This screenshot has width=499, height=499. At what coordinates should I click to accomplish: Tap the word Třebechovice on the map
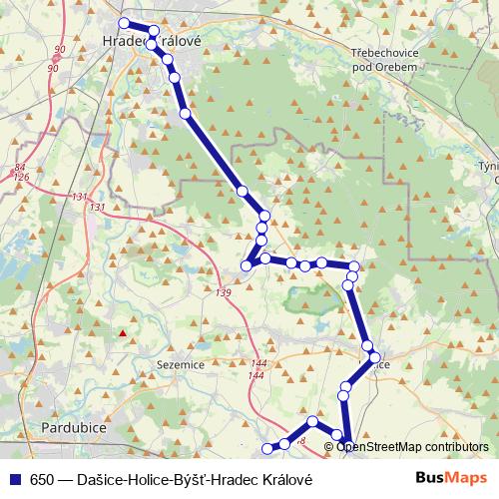(389, 51)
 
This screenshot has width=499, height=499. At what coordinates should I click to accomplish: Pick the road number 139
(222, 291)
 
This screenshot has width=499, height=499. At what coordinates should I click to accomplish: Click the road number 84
(20, 168)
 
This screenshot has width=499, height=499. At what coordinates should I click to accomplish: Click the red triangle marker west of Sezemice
(123, 332)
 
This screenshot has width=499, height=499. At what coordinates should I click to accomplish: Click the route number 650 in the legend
(42, 478)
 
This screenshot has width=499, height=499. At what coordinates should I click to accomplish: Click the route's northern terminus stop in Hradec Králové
(124, 23)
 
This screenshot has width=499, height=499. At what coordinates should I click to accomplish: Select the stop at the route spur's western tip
(247, 265)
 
